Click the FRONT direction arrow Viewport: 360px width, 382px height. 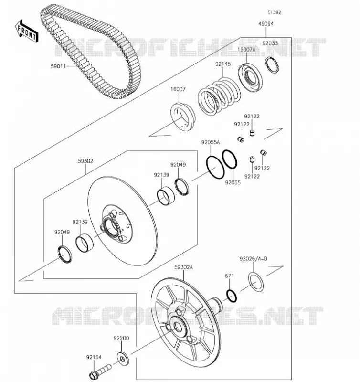click(27, 31)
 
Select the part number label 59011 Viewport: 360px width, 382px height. click(58, 66)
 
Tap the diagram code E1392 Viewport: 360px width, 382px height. click(274, 12)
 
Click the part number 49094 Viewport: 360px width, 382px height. click(266, 24)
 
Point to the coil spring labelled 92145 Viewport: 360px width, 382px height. click(219, 97)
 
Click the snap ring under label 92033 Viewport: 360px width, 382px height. click(272, 64)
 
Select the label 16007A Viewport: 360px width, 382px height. click(246, 50)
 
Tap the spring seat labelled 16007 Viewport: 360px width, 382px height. click(183, 117)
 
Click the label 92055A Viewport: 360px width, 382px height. click(211, 142)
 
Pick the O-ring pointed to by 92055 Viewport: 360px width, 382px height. click(230, 159)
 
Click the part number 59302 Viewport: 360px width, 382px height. click(85, 161)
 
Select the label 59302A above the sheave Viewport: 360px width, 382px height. click(183, 267)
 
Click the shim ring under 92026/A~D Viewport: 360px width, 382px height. click(256, 282)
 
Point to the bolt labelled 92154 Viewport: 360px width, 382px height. click(100, 371)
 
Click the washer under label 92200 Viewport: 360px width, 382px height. click(123, 359)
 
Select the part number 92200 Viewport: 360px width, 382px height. click(121, 339)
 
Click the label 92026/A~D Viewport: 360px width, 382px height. click(254, 259)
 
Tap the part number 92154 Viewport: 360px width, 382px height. click(94, 357)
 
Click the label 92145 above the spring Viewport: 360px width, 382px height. click(223, 64)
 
